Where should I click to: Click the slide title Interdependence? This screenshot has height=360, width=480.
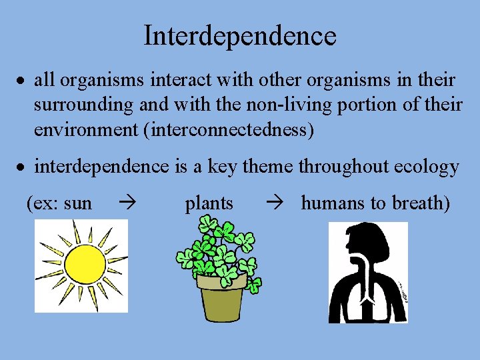[240, 35]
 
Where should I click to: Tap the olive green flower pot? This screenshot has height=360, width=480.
[221, 297]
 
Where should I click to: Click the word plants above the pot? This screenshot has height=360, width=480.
[209, 203]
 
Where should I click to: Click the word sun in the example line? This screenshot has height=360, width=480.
[78, 203]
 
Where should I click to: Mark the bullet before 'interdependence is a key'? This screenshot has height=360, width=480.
[22, 167]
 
